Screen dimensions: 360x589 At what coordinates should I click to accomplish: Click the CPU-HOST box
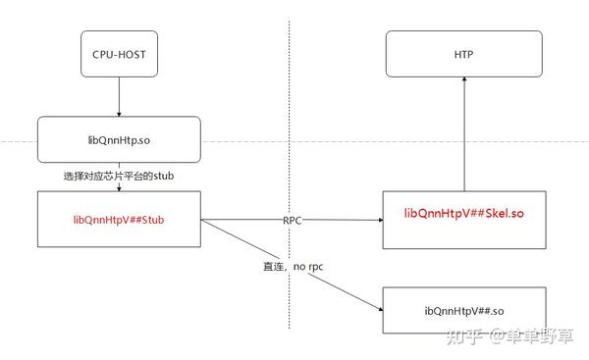pyautogui.click(x=118, y=54)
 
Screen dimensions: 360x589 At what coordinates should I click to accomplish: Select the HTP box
pyautogui.click(x=463, y=54)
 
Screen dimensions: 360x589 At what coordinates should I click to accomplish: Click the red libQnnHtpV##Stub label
pyautogui.click(x=118, y=221)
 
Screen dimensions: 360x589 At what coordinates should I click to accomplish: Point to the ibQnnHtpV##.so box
pyautogui.click(x=463, y=312)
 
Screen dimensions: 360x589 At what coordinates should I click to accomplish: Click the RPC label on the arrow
pyautogui.click(x=292, y=221)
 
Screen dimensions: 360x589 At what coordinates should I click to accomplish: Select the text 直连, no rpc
pyautogui.click(x=292, y=266)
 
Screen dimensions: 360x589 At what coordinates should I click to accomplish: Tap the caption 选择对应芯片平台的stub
pyautogui.click(x=118, y=175)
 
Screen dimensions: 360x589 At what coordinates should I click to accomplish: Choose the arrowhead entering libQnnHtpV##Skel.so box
pyautogui.click(x=377, y=221)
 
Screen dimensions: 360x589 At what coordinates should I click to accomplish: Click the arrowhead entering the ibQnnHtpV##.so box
pyautogui.click(x=377, y=309)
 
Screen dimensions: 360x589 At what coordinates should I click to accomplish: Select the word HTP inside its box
pyautogui.click(x=463, y=54)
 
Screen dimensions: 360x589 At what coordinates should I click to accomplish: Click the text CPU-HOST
pyautogui.click(x=118, y=54)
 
